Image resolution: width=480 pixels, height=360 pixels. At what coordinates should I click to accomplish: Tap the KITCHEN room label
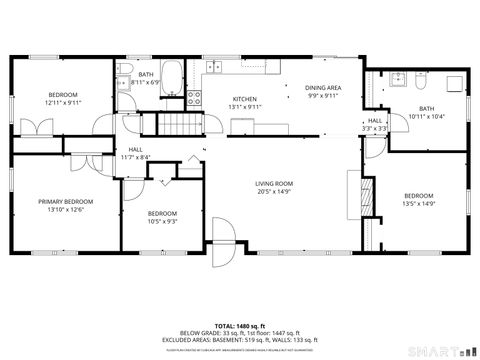pos(245,100)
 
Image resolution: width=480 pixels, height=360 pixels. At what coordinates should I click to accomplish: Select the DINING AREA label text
pos(323,88)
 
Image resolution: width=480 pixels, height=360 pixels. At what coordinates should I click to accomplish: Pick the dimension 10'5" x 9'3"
pos(162,221)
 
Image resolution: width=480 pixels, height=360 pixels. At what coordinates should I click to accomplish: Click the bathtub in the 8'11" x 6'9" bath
pos(172,77)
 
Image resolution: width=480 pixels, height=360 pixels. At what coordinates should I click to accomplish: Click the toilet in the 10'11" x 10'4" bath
pos(420,80)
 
